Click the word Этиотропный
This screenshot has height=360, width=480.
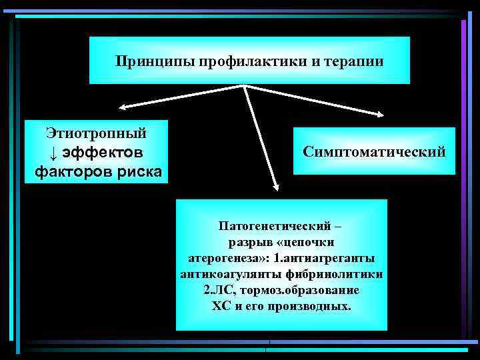(x=96, y=133)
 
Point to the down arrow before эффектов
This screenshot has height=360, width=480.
(x=54, y=152)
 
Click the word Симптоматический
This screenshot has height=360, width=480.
(x=374, y=152)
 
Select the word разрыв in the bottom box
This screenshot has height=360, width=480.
(x=251, y=241)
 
